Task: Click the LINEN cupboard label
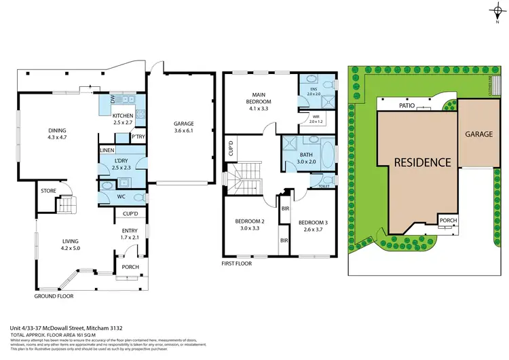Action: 107,150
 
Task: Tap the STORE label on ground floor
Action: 48,191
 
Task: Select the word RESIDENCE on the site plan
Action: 423,162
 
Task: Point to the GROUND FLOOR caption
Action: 54,296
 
